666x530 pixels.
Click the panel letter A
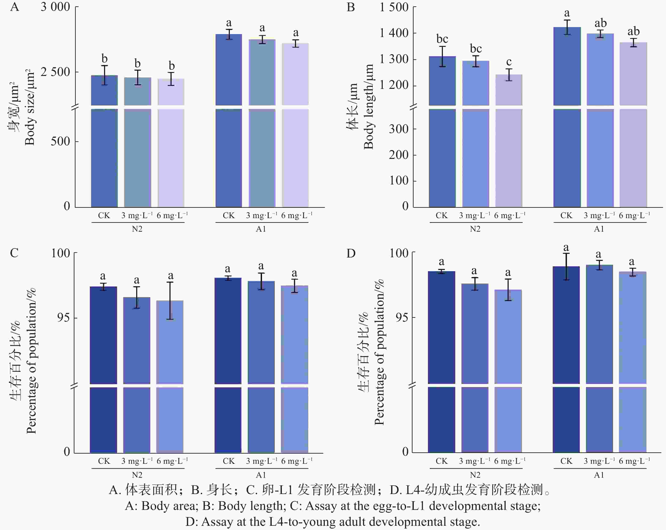click(x=15, y=7)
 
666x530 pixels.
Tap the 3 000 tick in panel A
click(x=55, y=7)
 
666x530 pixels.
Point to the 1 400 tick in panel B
click(x=394, y=33)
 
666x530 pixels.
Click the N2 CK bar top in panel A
click(x=104, y=76)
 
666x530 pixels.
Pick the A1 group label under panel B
click(x=599, y=229)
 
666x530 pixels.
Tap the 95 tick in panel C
click(x=63, y=318)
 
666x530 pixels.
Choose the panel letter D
click(x=351, y=253)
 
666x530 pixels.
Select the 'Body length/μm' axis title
click(x=369, y=107)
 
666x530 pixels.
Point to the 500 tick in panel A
click(x=60, y=141)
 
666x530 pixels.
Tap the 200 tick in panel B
click(x=399, y=155)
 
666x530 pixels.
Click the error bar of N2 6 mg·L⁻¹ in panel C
click(x=170, y=300)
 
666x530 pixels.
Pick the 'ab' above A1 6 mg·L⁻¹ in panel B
click(x=633, y=31)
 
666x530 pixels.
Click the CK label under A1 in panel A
click(x=229, y=215)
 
